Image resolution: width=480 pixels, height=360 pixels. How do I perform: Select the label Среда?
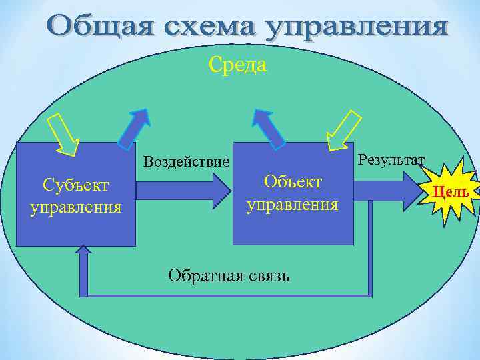coord(238,65)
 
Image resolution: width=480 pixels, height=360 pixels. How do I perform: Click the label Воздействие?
coord(187,162)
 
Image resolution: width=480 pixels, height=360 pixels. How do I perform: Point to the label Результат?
coord(391,160)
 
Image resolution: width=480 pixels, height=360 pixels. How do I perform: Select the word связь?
coord(265,275)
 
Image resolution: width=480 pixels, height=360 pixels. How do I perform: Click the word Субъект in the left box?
coord(75,185)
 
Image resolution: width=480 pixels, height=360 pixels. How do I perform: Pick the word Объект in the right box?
coord(293,181)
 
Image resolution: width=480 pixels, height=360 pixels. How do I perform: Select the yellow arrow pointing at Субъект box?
coord(64,134)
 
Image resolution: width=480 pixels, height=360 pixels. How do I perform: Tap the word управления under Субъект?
coord(75,207)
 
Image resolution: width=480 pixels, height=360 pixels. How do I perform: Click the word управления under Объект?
coord(293,203)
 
